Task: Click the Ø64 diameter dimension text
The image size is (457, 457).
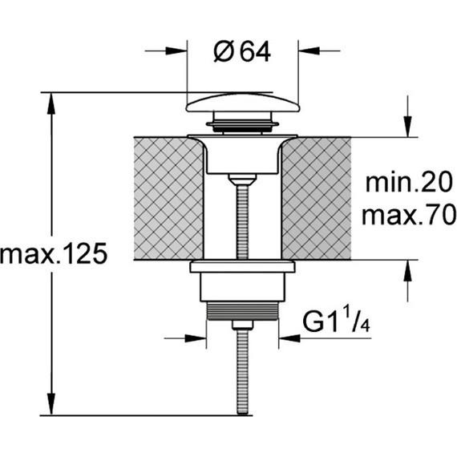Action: click(242, 52)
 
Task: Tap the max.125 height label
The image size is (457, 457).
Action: click(54, 254)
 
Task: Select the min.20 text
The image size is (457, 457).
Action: click(409, 182)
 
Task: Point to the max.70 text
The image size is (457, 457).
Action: click(408, 214)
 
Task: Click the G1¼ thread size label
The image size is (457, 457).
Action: click(337, 322)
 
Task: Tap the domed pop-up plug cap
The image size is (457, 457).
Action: click(242, 102)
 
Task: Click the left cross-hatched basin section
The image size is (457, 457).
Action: click(168, 199)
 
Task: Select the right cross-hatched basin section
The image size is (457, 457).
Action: click(316, 199)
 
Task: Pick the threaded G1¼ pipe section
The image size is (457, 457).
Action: click(242, 311)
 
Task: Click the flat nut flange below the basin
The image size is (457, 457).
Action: click(242, 267)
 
